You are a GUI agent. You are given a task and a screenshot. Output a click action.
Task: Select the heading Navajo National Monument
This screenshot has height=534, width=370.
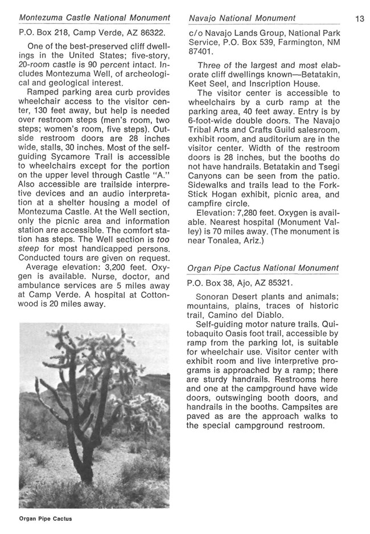(242, 19)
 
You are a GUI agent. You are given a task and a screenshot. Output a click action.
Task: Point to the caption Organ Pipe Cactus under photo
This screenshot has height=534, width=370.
(45, 519)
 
